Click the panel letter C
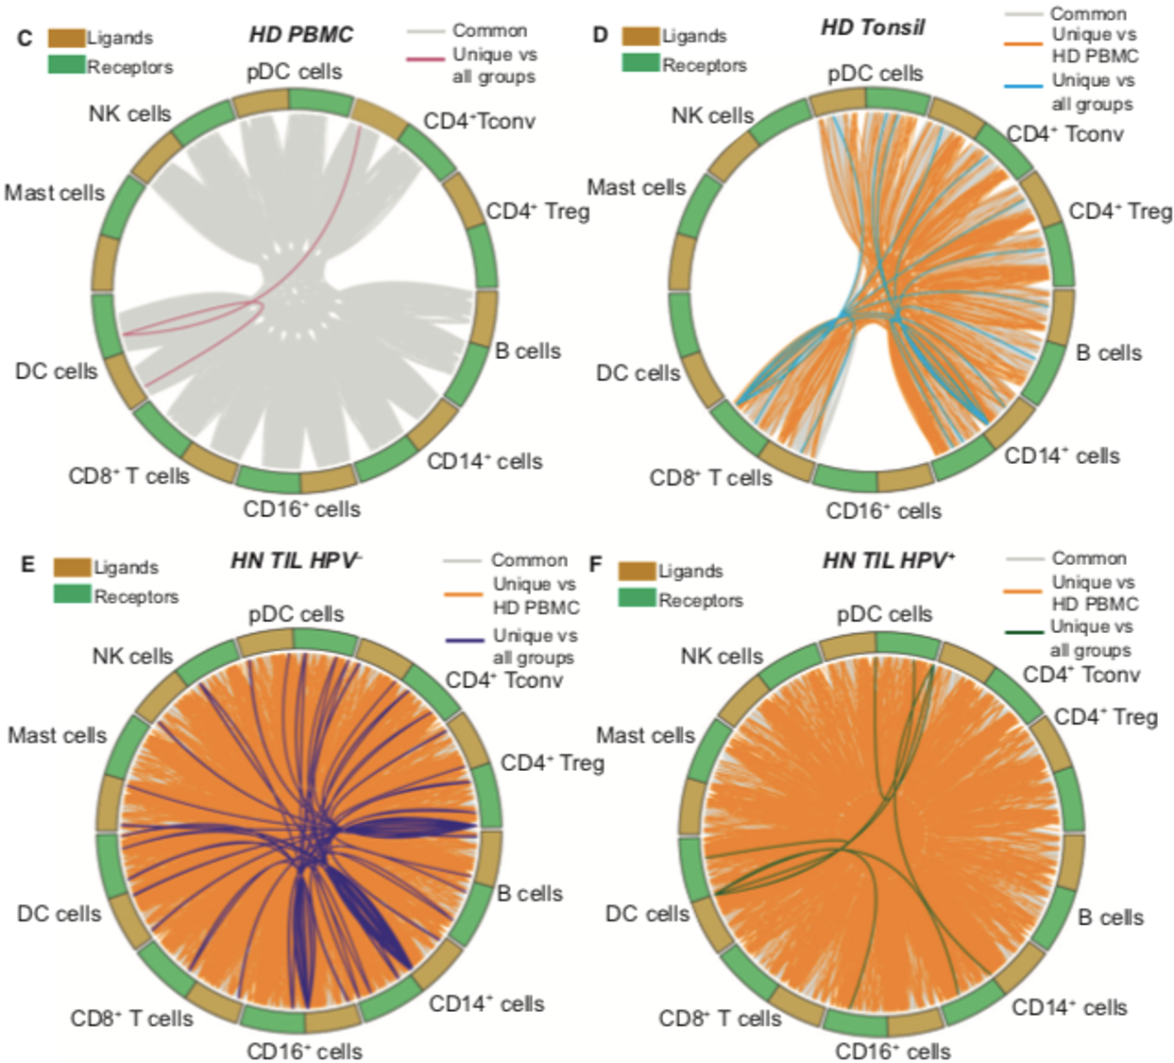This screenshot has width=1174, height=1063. pyautogui.click(x=25, y=38)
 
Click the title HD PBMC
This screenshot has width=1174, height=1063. pyautogui.click(x=300, y=35)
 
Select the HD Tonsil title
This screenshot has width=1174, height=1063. pyautogui.click(x=872, y=27)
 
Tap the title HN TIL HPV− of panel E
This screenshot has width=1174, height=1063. pyautogui.click(x=296, y=560)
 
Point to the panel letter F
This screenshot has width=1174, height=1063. pyautogui.click(x=595, y=564)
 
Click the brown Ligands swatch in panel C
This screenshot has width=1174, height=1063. pyautogui.click(x=66, y=38)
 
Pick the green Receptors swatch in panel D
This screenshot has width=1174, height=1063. pyautogui.click(x=640, y=63)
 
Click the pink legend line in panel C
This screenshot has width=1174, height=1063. pyautogui.click(x=426, y=59)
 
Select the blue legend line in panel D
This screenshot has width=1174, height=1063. pyautogui.click(x=1023, y=86)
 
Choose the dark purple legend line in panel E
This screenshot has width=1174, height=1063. pyautogui.click(x=464, y=641)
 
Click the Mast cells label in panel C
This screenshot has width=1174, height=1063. pyautogui.click(x=55, y=193)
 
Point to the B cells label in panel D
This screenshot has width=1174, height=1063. pyautogui.click(x=1109, y=352)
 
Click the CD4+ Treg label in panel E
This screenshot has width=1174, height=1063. pyautogui.click(x=552, y=763)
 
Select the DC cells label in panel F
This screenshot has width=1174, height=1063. pyautogui.click(x=647, y=914)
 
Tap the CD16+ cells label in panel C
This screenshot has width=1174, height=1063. pyautogui.click(x=301, y=509)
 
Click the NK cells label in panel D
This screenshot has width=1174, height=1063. pyautogui.click(x=712, y=115)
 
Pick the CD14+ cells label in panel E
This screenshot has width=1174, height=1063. pyautogui.click(x=486, y=1003)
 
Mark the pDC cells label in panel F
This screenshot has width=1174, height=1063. pyautogui.click(x=884, y=614)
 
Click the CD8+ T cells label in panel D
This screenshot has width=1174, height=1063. pyautogui.click(x=710, y=478)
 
